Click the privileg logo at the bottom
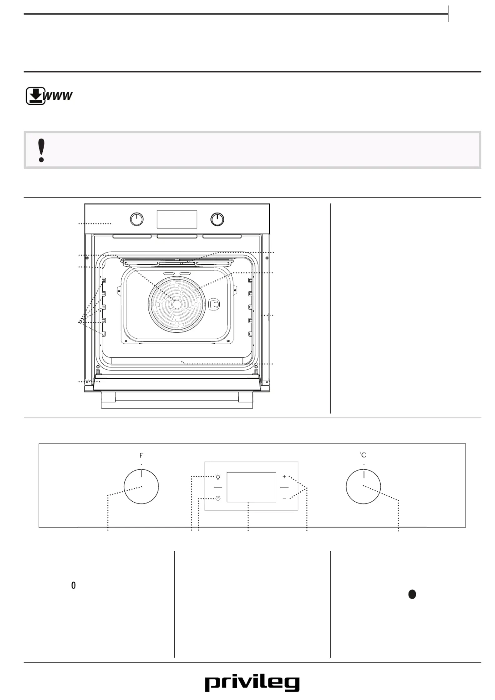pos(252,683)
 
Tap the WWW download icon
pos(49,96)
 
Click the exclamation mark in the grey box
pos(41,150)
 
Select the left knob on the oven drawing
pos(137,219)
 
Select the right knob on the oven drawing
pos(217,219)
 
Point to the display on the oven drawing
pos(177,219)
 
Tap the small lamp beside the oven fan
pos(215,304)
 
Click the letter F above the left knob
pos(141,456)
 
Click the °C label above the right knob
pos(363,455)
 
